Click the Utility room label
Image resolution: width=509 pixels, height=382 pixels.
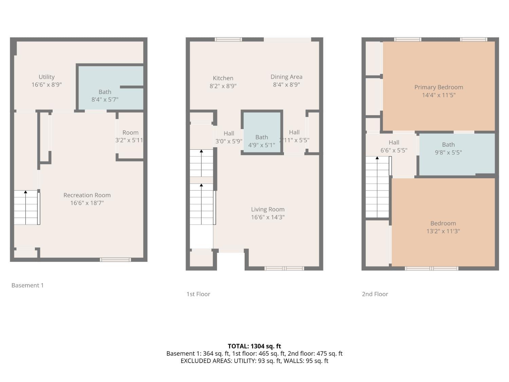click(46, 77)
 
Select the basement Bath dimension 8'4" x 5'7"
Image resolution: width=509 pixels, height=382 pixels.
click(105, 99)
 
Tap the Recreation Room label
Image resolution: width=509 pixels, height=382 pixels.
click(87, 195)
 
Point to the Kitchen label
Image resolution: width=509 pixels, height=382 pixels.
click(223, 78)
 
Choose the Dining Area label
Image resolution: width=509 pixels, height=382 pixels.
click(286, 77)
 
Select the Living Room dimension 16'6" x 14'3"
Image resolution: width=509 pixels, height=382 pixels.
click(268, 217)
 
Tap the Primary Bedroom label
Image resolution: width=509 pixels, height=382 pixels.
click(438, 87)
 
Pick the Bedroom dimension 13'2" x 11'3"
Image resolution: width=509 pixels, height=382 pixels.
click(443, 231)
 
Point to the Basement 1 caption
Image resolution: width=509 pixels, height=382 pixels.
click(27, 286)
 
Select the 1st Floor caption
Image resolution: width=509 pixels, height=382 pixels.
click(198, 294)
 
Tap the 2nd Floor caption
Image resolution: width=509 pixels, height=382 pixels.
click(375, 294)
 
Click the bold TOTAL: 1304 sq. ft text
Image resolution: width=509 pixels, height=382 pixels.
click(254, 346)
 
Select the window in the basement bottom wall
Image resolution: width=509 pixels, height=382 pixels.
click(115, 260)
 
